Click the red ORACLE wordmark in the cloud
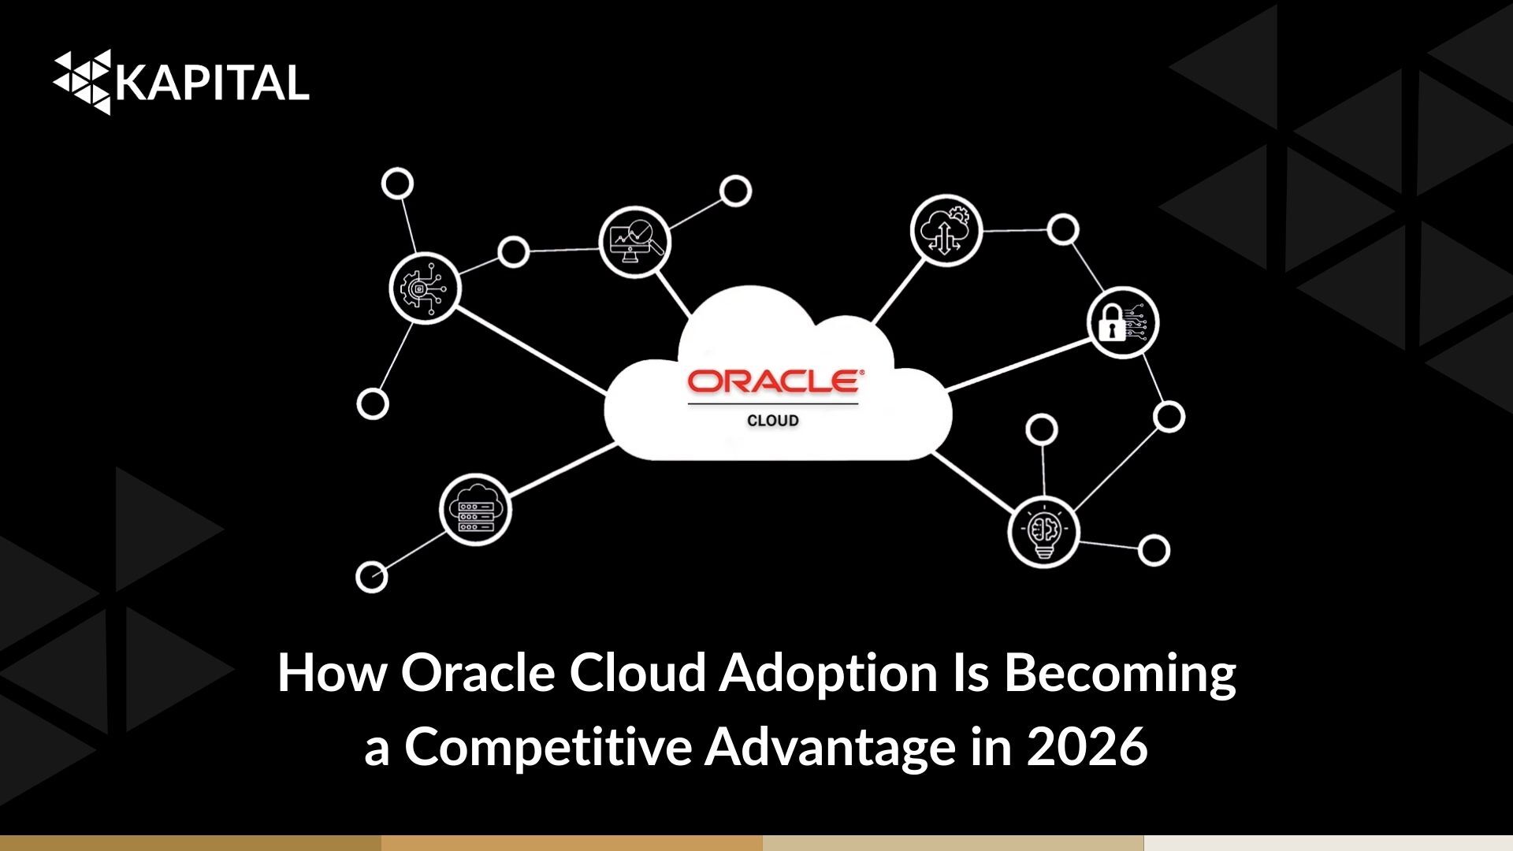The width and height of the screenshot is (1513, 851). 775,381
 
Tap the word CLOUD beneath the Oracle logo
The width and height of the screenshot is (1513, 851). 773,421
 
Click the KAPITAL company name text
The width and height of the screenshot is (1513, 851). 213,83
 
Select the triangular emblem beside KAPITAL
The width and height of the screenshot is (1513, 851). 82,81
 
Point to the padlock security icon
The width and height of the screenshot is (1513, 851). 1123,323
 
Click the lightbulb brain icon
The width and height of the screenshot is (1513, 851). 1043,531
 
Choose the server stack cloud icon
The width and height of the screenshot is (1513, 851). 475,510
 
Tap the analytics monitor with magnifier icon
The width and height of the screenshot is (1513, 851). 635,242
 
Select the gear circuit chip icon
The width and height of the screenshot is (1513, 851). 425,288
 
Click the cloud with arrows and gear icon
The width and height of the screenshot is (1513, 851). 946,231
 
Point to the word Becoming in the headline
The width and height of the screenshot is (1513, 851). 1120,674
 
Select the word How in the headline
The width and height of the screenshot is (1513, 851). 332,674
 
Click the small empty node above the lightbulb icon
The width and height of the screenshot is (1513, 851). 1042,429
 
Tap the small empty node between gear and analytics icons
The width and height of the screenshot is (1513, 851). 514,252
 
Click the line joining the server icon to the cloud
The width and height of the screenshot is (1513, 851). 562,470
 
